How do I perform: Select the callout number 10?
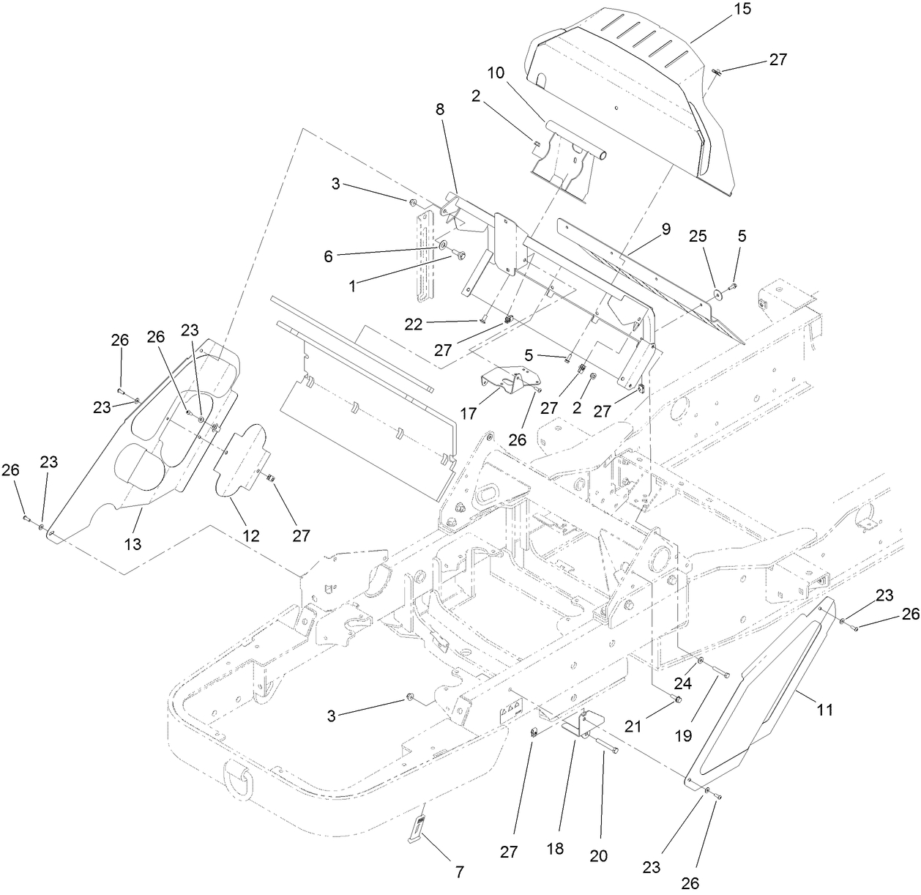496,73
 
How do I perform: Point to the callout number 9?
665,229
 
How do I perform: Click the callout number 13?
133,543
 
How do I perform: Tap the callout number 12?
251,535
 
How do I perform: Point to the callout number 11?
826,710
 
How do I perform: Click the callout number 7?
459,872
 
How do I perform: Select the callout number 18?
556,849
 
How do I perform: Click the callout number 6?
329,256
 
